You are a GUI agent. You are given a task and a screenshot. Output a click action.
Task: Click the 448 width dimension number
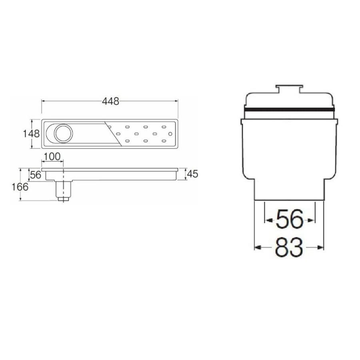(110, 102)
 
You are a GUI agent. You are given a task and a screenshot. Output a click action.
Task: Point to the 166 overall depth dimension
(20, 186)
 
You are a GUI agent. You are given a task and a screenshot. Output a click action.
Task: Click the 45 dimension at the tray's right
(193, 174)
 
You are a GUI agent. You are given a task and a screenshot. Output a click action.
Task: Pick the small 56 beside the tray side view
(36, 174)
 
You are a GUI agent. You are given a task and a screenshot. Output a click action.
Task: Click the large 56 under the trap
(290, 220)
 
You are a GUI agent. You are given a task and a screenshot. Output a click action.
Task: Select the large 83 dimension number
(289, 248)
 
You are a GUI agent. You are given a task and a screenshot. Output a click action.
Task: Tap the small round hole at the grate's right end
(170, 133)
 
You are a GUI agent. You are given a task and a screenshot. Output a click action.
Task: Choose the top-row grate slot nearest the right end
(164, 127)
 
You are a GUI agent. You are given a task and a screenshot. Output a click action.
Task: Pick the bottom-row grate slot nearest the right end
(164, 140)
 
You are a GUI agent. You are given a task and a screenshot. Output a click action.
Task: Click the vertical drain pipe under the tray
(63, 188)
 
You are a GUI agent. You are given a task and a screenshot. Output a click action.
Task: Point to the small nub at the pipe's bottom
(63, 198)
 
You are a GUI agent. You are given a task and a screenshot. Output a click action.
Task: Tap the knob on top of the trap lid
(290, 89)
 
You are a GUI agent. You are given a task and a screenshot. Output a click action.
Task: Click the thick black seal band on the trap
(290, 109)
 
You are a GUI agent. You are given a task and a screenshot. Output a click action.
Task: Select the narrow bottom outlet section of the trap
(290, 190)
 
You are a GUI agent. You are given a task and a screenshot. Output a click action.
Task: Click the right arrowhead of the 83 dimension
(321, 248)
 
